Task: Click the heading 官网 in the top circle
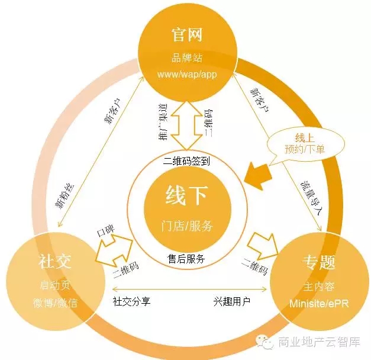tap(187, 35)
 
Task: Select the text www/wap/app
tap(187, 74)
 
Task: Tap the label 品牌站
tap(187, 57)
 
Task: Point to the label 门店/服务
tap(187, 226)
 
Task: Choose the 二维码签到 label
tap(186, 162)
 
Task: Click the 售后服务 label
tap(186, 258)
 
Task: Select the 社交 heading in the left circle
tap(55, 262)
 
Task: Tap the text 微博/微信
tap(55, 303)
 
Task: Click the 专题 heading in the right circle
tap(319, 262)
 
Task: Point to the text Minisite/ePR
tap(319, 303)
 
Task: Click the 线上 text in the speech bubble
tap(305, 137)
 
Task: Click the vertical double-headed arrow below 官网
tap(186, 126)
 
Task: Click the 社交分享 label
tap(131, 301)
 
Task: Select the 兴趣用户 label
tap(232, 301)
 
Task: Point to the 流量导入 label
tap(311, 198)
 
